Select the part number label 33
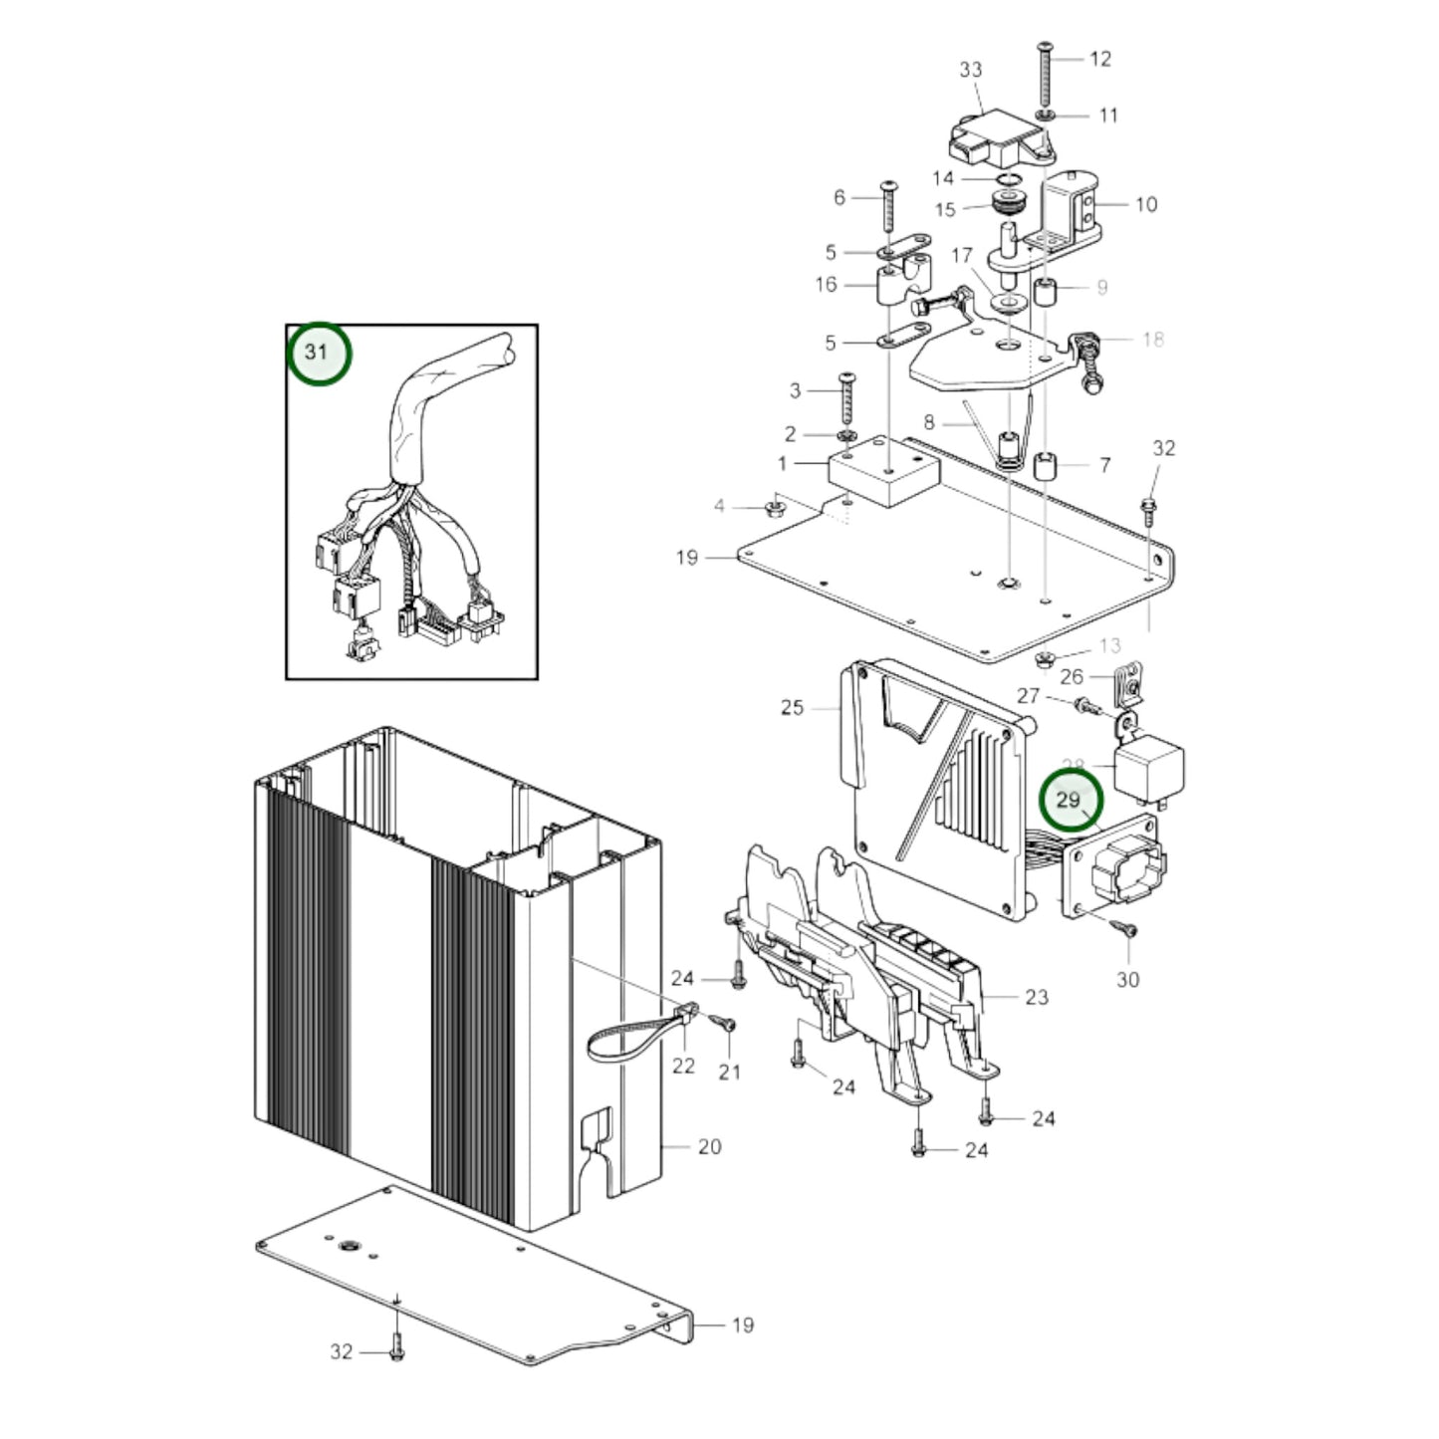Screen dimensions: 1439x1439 point(970,70)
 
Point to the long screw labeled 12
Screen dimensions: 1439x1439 point(1045,75)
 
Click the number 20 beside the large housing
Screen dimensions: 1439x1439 point(709,1147)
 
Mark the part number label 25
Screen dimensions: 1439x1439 point(792,708)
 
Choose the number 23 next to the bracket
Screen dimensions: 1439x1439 point(1037,997)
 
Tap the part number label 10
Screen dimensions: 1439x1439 point(1146,204)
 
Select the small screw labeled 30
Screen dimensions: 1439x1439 point(1128,929)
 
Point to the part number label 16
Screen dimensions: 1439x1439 point(826,285)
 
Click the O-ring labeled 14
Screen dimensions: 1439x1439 point(1012,180)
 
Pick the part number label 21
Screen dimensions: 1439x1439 point(730,1073)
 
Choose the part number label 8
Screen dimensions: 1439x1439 point(928,422)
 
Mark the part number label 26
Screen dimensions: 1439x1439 point(1072,677)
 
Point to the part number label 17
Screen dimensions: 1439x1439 point(961,256)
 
